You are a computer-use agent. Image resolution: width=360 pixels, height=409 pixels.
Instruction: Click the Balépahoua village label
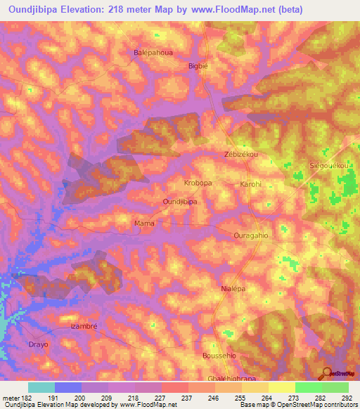coord(153,53)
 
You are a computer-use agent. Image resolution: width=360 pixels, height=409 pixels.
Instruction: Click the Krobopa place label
coord(198,183)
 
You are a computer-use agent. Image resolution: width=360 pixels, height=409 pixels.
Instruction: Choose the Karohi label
coord(251,185)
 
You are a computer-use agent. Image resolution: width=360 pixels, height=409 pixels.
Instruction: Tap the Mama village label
coord(144,223)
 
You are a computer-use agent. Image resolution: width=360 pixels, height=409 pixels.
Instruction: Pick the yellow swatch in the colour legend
coord(281,387)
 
